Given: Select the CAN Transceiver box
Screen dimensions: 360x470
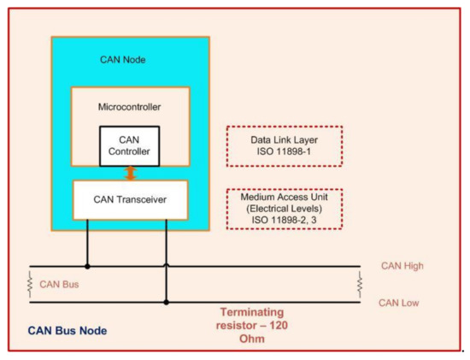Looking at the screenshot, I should (129, 200).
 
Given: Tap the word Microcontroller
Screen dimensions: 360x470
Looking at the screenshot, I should (129, 108).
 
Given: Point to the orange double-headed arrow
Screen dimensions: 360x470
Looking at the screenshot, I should (130, 173).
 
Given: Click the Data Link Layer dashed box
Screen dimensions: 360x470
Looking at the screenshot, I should (284, 145).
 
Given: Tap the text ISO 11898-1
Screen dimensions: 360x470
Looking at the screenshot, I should (284, 153).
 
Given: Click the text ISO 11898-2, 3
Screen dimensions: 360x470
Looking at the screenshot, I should (284, 221).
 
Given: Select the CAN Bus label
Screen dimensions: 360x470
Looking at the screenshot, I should (58, 283).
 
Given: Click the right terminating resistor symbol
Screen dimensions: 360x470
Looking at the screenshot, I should (360, 283).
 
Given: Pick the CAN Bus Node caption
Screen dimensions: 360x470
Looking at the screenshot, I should (68, 330).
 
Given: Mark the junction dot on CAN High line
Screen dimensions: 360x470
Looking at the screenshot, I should (87, 266).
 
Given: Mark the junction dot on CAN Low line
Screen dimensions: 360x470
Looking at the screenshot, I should (166, 302).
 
